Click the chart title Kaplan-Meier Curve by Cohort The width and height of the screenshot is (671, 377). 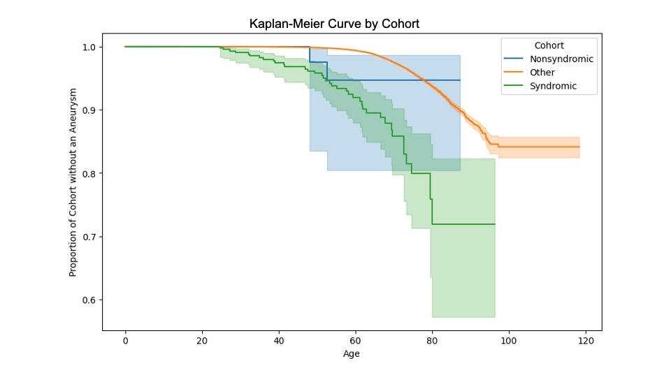[334, 24]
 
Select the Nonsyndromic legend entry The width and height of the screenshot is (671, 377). [561, 59]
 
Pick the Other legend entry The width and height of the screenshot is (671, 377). [542, 73]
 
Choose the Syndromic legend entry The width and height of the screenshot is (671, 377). [554, 87]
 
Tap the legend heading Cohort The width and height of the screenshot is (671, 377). [549, 45]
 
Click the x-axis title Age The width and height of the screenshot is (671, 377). [352, 354]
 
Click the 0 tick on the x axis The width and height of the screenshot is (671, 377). [125, 340]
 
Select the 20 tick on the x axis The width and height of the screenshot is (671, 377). [202, 340]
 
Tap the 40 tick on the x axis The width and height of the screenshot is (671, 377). [279, 340]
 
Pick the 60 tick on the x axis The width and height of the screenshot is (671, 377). [356, 340]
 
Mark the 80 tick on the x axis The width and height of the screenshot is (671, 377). [432, 340]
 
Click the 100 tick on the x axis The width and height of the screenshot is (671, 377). [509, 340]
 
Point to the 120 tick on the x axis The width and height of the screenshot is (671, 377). [586, 340]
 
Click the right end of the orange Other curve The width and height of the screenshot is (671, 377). [579, 147]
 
